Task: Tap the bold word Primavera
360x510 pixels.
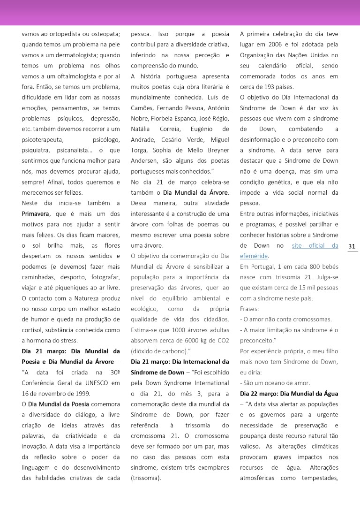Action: (36, 213)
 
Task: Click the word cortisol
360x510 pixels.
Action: (33, 330)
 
